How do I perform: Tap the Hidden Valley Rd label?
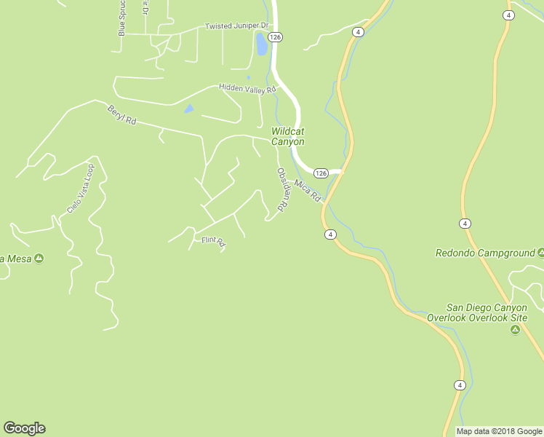pyautogui.click(x=248, y=89)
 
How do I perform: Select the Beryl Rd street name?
pyautogui.click(x=122, y=115)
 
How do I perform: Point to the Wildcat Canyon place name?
pyautogui.click(x=288, y=136)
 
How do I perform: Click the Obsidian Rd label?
pyautogui.click(x=283, y=190)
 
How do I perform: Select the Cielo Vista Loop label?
pyautogui.click(x=81, y=189)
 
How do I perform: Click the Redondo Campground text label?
pyautogui.click(x=484, y=253)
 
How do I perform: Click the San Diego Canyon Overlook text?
pyautogui.click(x=487, y=312)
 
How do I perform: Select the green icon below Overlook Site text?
pyautogui.click(x=515, y=330)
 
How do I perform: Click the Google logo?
pyautogui.click(x=24, y=428)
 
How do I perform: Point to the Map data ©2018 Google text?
pyautogui.click(x=499, y=431)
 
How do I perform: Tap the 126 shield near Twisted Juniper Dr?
pyautogui.click(x=274, y=36)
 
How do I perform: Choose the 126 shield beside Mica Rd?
pyautogui.click(x=321, y=173)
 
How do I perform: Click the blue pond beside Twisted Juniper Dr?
pyautogui.click(x=261, y=44)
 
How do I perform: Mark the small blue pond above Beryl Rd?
pyautogui.click(x=189, y=109)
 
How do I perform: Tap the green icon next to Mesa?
pyautogui.click(x=39, y=258)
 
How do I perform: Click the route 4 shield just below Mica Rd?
pyautogui.click(x=330, y=234)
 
